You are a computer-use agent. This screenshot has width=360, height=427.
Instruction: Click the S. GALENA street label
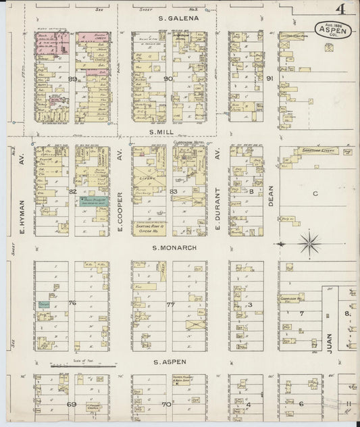(x=178, y=18)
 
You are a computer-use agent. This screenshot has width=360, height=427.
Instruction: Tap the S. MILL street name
(x=168, y=134)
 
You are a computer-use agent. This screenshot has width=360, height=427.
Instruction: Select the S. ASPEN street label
(x=168, y=362)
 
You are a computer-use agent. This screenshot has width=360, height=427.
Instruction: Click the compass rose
(x=309, y=242)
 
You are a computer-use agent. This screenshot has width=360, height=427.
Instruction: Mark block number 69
(x=71, y=404)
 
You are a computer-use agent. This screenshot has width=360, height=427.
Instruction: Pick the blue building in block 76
(x=44, y=305)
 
